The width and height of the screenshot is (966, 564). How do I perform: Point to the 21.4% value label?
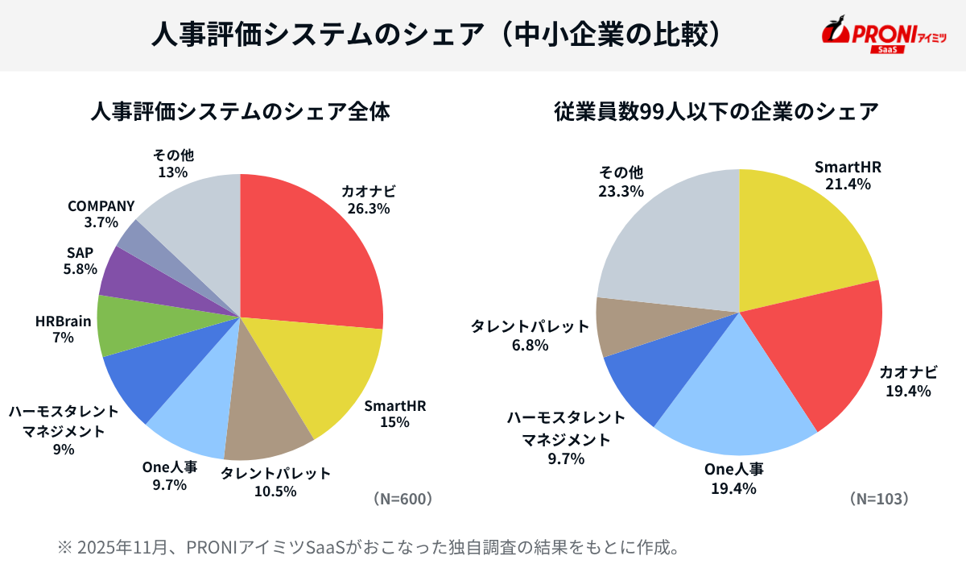847,185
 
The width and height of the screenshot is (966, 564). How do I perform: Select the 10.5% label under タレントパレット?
275,491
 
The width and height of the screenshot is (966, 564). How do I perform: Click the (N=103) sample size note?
880,499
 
